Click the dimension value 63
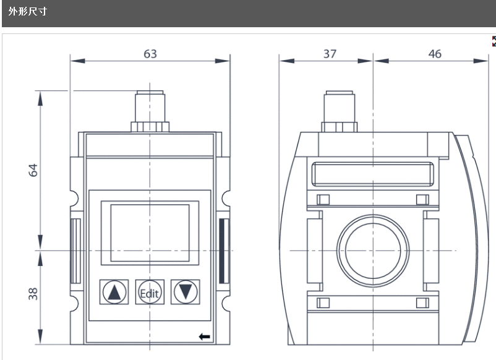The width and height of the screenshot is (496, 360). tap(150, 54)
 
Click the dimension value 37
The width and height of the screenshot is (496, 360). tap(330, 54)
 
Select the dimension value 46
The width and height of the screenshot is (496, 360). tap(435, 54)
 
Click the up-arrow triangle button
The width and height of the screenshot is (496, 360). tap(114, 291)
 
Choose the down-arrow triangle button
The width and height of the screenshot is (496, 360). tap(186, 291)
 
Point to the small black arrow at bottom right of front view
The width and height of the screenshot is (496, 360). tap(205, 336)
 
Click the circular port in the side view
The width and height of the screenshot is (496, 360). tap(373, 251)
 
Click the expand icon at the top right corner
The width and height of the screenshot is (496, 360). tap(493, 41)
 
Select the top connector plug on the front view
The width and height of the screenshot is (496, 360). tap(150, 105)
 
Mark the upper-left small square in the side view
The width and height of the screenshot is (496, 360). tap(322, 199)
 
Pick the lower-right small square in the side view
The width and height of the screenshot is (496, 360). tap(423, 302)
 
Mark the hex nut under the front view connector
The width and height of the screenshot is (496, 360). tap(150, 126)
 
